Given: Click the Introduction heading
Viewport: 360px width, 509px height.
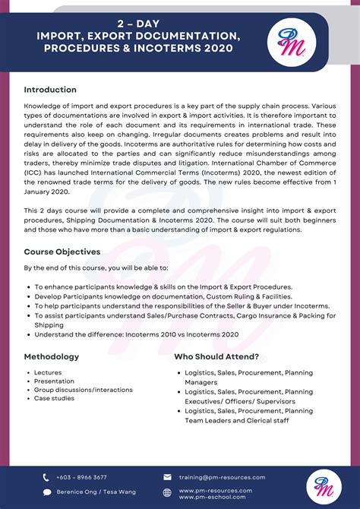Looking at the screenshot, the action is click(x=50, y=90).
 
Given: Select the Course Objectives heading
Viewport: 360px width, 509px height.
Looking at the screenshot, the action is click(x=62, y=251).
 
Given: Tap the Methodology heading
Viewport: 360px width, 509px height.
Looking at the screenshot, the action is click(x=51, y=356).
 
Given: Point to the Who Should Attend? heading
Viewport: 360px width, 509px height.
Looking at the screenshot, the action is click(x=216, y=356).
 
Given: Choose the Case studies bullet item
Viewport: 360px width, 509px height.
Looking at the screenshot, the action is click(x=54, y=398).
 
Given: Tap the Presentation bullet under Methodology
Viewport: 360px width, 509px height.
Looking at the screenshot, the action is click(x=54, y=381).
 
